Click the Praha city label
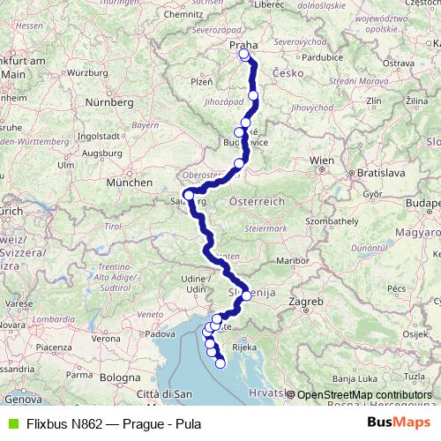click(x=242, y=43)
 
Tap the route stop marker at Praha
click(x=245, y=55)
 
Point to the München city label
click(x=123, y=183)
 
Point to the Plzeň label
click(x=202, y=81)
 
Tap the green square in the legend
click(x=11, y=422)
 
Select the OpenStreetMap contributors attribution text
click(x=365, y=395)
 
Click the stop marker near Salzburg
click(x=189, y=195)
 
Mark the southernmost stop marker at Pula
click(x=220, y=363)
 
